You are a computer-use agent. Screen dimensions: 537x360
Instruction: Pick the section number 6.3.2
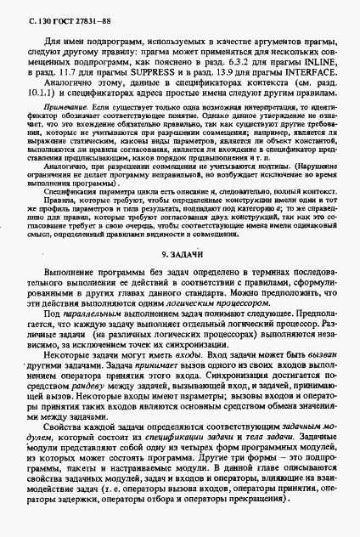(x=239, y=62)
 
